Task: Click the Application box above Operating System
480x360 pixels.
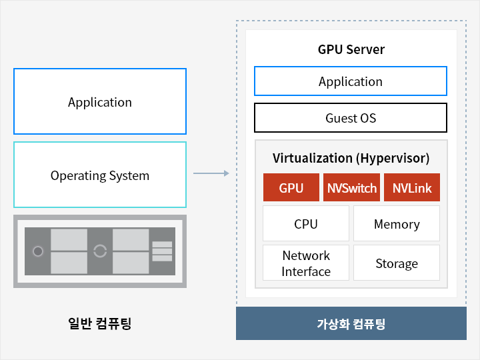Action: coord(100,102)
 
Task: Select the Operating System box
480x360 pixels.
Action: coord(100,175)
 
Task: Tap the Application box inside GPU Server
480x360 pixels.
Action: coord(351,81)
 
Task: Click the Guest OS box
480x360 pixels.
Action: coord(351,118)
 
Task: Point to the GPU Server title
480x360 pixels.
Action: coord(351,49)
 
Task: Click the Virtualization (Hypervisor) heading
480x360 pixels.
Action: coord(351,158)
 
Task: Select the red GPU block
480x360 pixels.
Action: coord(291,188)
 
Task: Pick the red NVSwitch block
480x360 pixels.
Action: coord(351,188)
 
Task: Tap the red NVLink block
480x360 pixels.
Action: coord(411,188)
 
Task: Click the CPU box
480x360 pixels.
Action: coord(306,224)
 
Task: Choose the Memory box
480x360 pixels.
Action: coord(396,224)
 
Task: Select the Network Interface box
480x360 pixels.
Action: coord(306,263)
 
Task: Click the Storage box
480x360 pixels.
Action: coord(396,263)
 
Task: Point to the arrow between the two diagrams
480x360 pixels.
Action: coord(211,173)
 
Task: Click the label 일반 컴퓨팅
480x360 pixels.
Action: coord(100,323)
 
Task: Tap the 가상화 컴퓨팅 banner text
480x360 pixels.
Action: coord(351,325)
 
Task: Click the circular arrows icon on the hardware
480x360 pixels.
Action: coord(100,251)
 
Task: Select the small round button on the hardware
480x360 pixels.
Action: coord(38,251)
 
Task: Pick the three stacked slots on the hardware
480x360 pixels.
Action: coord(162,251)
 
